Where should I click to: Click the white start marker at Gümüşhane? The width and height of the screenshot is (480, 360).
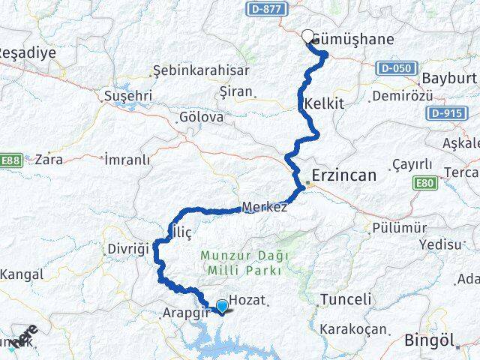point(307,34)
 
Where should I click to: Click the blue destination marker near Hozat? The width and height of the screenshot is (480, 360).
point(221,305)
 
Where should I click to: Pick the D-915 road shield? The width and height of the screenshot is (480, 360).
point(445,112)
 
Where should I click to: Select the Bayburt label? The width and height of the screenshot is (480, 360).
point(449,78)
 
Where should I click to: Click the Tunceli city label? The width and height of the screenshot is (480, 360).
point(345,299)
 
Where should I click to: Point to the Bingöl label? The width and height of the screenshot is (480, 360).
point(429,340)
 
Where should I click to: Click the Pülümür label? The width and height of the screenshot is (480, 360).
point(399,228)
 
